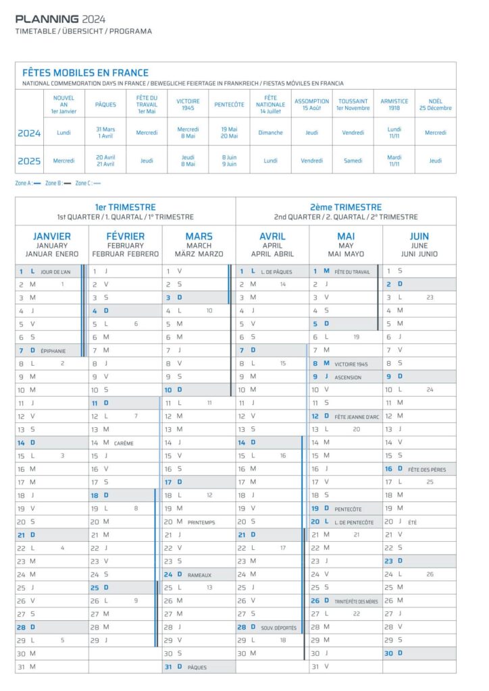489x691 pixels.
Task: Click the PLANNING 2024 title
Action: pos(60,19)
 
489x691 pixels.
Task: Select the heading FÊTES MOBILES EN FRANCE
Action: pos(86,73)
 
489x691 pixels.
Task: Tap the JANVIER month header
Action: pos(52,236)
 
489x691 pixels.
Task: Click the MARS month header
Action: pos(199,236)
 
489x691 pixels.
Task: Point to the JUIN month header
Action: pos(419,236)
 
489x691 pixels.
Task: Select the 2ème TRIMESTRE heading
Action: pos(346,207)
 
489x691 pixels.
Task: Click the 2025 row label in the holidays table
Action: pos(29,161)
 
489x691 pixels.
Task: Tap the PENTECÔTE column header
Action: pos(229,105)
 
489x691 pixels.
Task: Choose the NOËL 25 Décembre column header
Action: pos(435,105)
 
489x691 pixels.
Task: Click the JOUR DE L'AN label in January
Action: pos(55,272)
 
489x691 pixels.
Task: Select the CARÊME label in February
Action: pos(124,443)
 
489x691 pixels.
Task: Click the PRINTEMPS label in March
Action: pos(202,522)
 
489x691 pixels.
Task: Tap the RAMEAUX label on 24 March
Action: pos(199,575)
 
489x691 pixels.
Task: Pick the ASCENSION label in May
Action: pos(348,377)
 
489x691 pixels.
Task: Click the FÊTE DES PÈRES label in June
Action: pos(427,469)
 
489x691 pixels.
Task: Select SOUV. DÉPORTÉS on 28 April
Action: pos(278,628)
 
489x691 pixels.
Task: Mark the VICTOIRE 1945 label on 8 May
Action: pos(351,364)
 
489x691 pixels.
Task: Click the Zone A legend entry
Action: pos(28,183)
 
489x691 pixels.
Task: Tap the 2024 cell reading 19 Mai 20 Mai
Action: pos(229,133)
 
